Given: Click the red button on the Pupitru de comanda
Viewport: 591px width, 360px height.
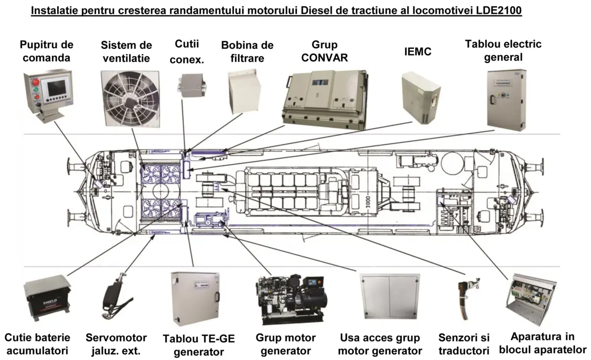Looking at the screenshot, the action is pos(36,81).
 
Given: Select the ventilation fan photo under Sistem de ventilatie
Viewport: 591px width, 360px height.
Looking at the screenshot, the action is pos(130,98).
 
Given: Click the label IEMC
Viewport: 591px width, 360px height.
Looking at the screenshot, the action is pos(417,52).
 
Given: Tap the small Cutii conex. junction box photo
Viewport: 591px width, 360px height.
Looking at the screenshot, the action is pos(191,86).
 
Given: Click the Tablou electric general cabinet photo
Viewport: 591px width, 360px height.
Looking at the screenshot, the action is pos(506,100).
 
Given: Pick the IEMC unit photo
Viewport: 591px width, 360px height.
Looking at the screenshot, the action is pos(421,98).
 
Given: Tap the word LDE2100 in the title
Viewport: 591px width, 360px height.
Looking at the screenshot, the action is pos(499,10).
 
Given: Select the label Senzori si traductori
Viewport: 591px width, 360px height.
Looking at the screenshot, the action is pos(464,344).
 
